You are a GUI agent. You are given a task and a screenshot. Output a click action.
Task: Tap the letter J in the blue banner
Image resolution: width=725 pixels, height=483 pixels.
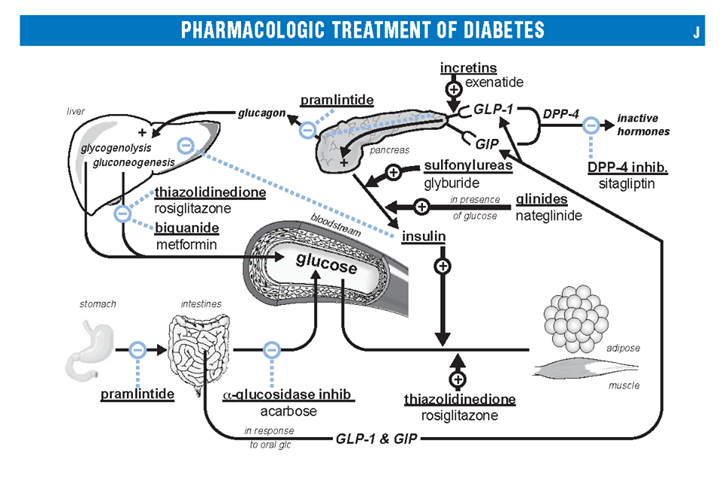click(x=695, y=31)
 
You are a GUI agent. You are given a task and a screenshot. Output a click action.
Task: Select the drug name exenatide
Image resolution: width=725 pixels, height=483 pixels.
click(x=494, y=82)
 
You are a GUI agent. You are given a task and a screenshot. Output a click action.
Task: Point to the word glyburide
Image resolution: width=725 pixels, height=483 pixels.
click(x=452, y=183)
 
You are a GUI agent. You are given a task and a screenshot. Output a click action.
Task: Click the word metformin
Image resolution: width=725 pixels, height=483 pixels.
click(x=187, y=245)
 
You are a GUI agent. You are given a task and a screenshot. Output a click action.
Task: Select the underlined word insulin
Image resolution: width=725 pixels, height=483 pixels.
click(x=423, y=236)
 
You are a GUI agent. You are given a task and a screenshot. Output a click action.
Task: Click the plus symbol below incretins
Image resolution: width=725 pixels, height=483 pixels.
click(x=453, y=89)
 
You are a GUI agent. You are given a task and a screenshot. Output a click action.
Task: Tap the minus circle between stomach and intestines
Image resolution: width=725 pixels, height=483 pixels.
click(x=137, y=349)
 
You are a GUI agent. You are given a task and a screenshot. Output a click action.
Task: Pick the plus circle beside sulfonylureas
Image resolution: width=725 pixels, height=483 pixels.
click(x=393, y=172)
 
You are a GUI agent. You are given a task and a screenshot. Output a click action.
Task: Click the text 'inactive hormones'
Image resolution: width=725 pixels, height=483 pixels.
click(x=643, y=125)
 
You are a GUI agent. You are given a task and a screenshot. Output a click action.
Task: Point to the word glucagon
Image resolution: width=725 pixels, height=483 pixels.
click(x=261, y=113)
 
